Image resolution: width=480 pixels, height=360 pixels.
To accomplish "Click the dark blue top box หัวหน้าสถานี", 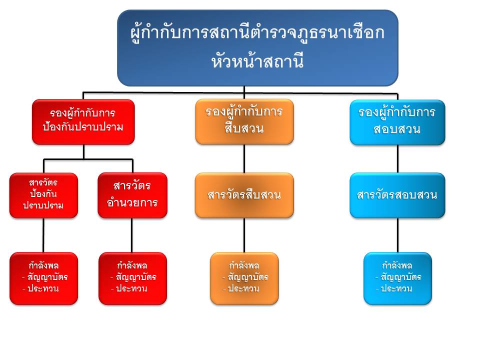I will click(257, 48).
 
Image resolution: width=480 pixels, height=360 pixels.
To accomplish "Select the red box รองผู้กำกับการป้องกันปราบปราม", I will click(83, 121).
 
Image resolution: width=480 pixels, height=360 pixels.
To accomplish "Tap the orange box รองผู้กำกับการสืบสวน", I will click(244, 121).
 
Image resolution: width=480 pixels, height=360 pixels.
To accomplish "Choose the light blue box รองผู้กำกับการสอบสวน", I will click(397, 121).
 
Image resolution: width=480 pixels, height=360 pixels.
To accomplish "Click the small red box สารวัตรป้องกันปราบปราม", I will click(43, 195).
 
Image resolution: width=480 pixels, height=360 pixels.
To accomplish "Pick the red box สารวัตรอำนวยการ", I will click(132, 195).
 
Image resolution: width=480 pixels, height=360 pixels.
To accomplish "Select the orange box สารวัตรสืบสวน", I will click(244, 195).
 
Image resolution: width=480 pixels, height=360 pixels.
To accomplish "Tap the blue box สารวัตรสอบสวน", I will click(397, 195).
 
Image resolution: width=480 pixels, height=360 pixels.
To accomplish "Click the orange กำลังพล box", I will click(244, 278).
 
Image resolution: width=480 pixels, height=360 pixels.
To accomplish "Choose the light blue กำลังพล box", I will click(397, 278).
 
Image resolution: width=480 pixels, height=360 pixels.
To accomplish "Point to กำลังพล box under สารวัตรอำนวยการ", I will click(132, 278).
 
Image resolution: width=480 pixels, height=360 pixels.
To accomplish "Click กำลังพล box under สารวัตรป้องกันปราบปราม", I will click(43, 278).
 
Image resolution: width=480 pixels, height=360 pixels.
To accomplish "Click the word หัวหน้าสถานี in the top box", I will click(257, 62).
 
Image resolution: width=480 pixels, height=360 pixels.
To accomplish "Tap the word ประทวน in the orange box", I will click(243, 288).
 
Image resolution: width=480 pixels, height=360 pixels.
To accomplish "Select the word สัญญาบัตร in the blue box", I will click(401, 277).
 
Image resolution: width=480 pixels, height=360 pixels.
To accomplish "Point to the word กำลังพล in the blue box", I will click(397, 265).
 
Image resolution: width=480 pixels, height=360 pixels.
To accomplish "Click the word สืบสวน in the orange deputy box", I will click(244, 129).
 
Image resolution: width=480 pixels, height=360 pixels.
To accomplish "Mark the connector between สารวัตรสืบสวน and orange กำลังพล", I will click(244, 235).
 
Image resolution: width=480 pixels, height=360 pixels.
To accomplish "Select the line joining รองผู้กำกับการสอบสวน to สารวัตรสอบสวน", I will click(397, 159).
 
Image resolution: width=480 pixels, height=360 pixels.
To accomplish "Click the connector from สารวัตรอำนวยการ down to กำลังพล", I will click(132, 235).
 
